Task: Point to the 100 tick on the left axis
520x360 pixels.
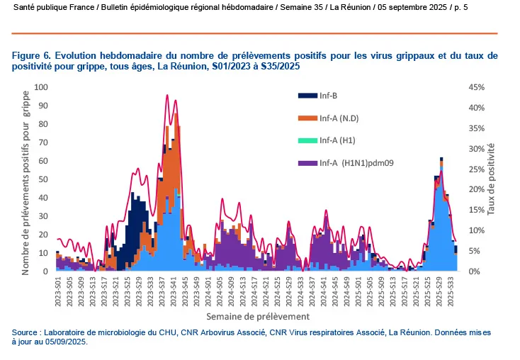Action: pos(41,87)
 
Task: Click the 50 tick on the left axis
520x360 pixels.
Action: pos(43,179)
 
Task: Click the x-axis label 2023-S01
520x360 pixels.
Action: pos(57,290)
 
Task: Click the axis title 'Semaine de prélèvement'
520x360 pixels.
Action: pos(257,315)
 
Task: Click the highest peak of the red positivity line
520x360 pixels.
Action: pos(167,95)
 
